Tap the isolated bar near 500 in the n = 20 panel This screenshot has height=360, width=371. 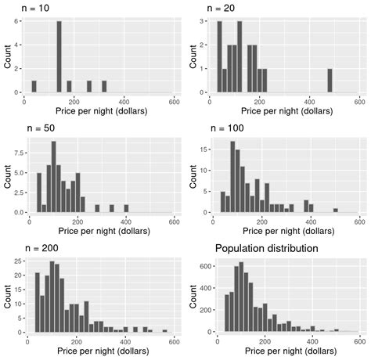(x=330, y=81)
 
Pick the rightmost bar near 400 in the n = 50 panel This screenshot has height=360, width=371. (x=126, y=209)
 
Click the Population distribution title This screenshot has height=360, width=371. (x=266, y=248)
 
